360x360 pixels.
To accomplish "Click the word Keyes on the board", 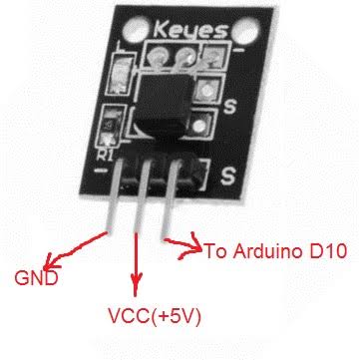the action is coord(190,29).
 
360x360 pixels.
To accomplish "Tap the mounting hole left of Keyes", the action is coord(135,30).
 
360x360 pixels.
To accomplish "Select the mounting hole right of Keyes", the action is coord(246,31).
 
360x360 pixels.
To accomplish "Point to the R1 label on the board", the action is coord(105,155).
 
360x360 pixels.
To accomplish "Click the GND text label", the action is coord(36,278).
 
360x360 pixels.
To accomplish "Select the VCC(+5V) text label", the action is coord(155,316).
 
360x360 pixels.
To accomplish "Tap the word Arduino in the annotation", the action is coord(269,251).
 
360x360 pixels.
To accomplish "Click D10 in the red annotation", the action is coord(328,251).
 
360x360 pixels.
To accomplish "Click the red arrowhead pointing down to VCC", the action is coord(135,283).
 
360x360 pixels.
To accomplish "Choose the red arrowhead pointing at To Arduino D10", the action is coord(191,246).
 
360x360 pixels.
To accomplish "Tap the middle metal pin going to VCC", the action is coord(141,196).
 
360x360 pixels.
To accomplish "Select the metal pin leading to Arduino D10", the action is coord(171,198).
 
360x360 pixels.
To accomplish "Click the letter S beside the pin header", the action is coord(228,176).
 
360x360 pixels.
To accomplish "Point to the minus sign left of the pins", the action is coord(100,171).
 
